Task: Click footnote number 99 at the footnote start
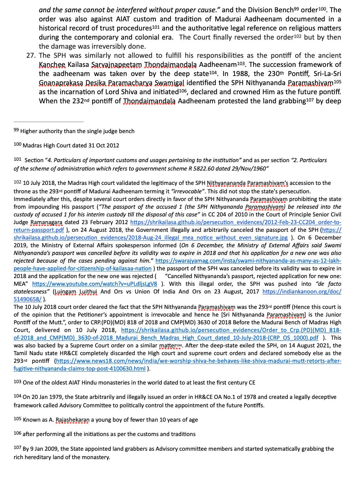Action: (16, 130)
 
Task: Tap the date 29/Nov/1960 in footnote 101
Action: (249, 168)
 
